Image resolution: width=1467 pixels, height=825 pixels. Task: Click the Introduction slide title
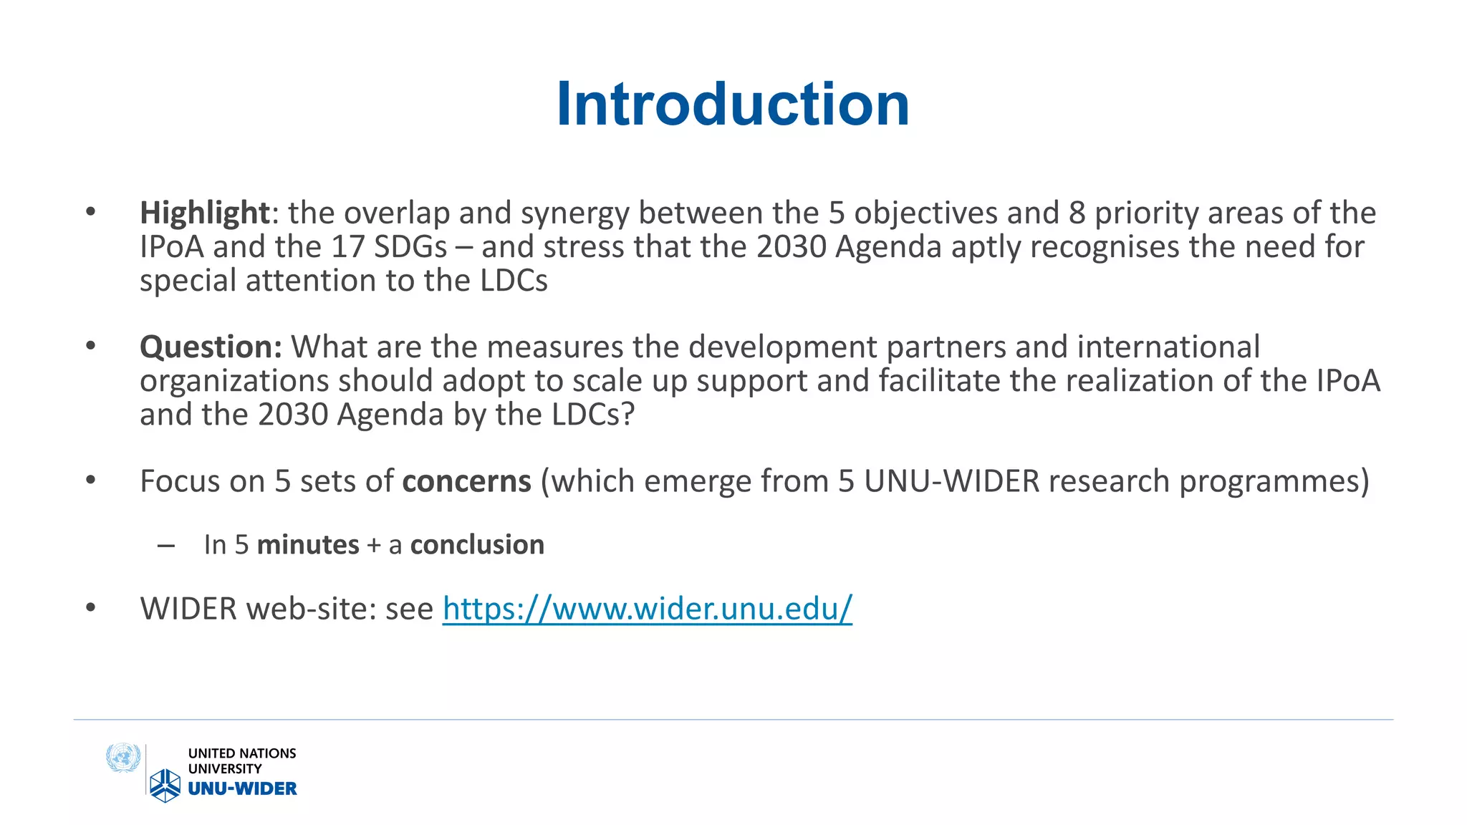pyautogui.click(x=733, y=105)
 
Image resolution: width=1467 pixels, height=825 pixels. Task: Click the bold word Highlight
pyautogui.click(x=204, y=213)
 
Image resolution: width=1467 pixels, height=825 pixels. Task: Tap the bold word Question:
pyautogui.click(x=211, y=347)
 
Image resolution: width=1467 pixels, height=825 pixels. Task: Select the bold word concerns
pyautogui.click(x=466, y=481)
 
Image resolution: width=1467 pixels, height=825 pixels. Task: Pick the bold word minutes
pyautogui.click(x=308, y=545)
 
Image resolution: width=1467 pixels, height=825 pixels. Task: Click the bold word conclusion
pyautogui.click(x=477, y=545)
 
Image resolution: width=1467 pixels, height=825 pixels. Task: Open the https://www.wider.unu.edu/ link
pyautogui.click(x=647, y=609)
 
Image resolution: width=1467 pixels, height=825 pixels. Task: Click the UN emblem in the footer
pyautogui.click(x=122, y=758)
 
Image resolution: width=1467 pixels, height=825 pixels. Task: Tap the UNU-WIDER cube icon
pyautogui.click(x=165, y=786)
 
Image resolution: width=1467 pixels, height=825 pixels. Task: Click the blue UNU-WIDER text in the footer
pyautogui.click(x=242, y=788)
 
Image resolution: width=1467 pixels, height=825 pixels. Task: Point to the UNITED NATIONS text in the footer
pyautogui.click(x=242, y=753)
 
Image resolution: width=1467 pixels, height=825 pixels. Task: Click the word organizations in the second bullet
pyautogui.click(x=234, y=381)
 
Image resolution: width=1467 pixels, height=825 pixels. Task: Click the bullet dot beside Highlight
pyautogui.click(x=90, y=212)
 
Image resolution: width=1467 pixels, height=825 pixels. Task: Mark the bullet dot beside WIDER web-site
pyautogui.click(x=90, y=608)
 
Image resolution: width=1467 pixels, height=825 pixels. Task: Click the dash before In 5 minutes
pyautogui.click(x=166, y=546)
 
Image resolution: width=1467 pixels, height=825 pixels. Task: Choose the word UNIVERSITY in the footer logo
pyautogui.click(x=225, y=769)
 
